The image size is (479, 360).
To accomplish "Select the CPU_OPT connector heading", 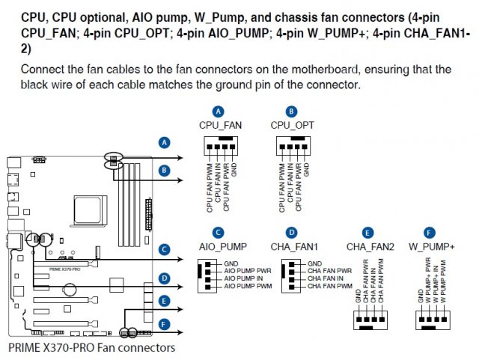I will pyautogui.click(x=290, y=124).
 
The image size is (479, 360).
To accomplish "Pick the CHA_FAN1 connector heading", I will pyautogui.click(x=296, y=246).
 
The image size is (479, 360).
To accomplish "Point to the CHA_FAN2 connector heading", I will pyautogui.click(x=369, y=246).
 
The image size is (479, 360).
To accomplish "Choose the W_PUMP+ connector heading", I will pyautogui.click(x=431, y=246).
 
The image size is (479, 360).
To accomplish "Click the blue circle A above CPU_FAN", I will pyautogui.click(x=218, y=111).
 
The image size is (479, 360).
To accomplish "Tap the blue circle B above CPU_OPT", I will pyautogui.click(x=290, y=111).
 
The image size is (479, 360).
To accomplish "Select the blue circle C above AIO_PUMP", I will pyautogui.click(x=218, y=233).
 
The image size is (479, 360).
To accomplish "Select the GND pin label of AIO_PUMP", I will pyautogui.click(x=232, y=264).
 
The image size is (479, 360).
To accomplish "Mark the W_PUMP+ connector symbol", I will pyautogui.click(x=432, y=321).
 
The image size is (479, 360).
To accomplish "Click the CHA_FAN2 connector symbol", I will pyautogui.click(x=369, y=321).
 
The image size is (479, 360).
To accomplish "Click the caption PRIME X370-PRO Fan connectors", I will pyautogui.click(x=91, y=347).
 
